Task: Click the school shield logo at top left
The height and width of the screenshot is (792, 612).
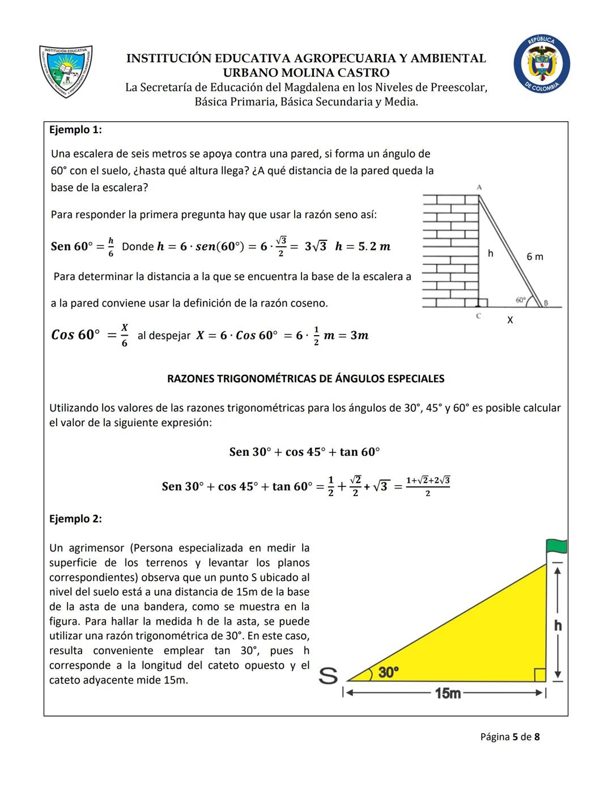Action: [x=66, y=71]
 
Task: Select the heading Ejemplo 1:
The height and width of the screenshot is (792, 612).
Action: [x=75, y=130]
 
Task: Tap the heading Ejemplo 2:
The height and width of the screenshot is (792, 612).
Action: [x=75, y=519]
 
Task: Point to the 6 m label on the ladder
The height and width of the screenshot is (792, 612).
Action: [x=534, y=257]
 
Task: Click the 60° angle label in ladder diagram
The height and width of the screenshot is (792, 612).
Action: [x=521, y=299]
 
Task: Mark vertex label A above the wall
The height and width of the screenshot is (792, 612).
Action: [x=479, y=187]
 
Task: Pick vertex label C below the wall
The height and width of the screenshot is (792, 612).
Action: [x=479, y=316]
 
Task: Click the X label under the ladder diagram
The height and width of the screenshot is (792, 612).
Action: [x=510, y=320]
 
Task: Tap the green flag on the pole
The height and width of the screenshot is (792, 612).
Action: [x=556, y=546]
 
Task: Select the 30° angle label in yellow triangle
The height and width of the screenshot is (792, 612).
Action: [x=389, y=672]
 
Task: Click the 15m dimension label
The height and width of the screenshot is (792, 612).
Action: [x=448, y=693]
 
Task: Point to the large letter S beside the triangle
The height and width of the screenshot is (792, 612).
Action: [x=328, y=675]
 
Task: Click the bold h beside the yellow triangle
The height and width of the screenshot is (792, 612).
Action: [x=558, y=625]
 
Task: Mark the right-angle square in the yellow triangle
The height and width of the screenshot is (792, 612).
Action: [x=539, y=675]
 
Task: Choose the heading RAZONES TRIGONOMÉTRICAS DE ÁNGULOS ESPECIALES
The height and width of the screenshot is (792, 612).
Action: [x=305, y=379]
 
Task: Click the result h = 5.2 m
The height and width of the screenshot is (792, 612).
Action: [x=363, y=247]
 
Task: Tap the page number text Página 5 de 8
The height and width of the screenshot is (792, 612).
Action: [x=510, y=737]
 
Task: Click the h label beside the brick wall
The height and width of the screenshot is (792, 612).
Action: [x=491, y=253]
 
